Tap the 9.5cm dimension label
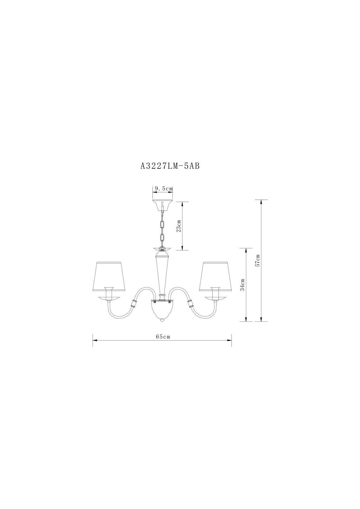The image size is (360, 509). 163,188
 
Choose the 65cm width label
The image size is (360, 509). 163,337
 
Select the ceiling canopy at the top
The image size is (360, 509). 163,206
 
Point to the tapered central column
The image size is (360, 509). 162,274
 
